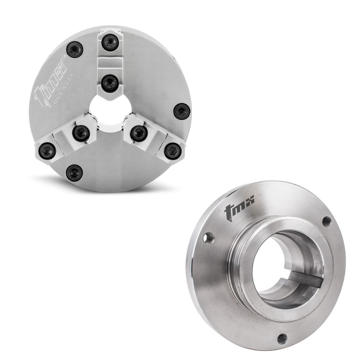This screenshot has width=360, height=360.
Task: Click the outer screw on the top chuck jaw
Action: click(110, 43)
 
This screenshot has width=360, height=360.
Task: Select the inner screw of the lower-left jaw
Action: click(81, 133)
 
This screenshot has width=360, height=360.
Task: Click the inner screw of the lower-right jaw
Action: click(139, 133)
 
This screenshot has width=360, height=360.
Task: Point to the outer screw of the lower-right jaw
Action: click(173, 151)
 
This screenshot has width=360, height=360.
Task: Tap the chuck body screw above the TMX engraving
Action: click(75, 50)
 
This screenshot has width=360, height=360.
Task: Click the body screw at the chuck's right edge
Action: click(182, 111)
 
